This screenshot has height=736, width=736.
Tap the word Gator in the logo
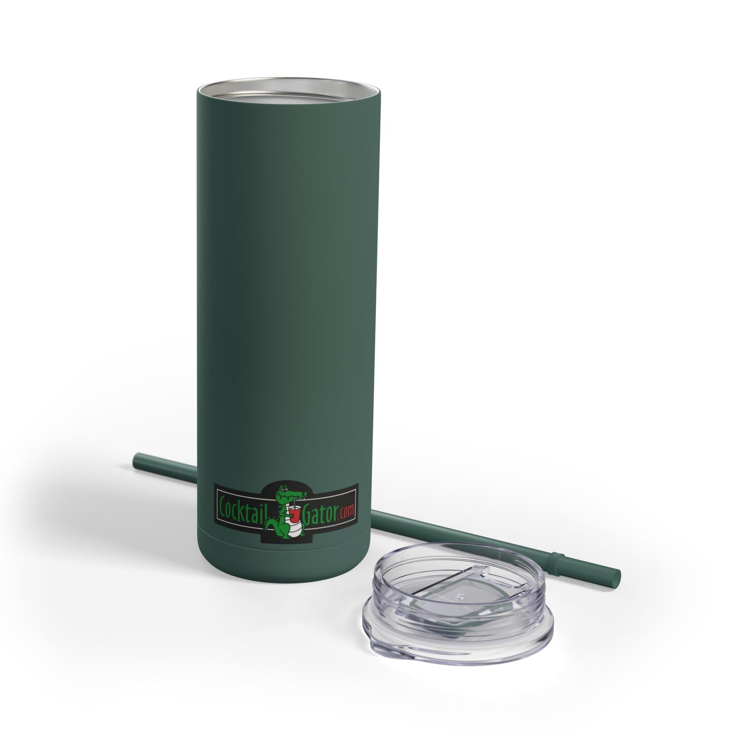pyautogui.click(x=319, y=513)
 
